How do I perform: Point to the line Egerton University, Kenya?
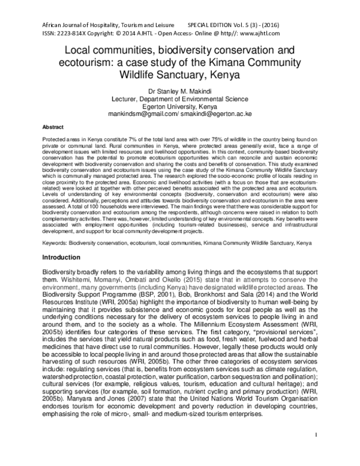pos(180,105)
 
